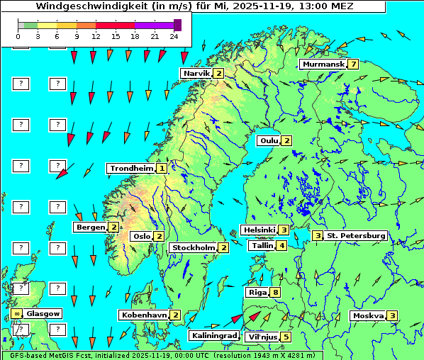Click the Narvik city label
point(196,73)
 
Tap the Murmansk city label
point(323,64)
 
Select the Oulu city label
point(268,140)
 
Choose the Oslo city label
point(141,236)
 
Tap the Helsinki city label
point(259,230)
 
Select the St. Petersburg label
point(355,235)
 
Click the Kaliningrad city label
point(213,335)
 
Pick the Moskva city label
point(368,315)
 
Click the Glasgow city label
point(43,313)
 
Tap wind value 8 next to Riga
point(275,292)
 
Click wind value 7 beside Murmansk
point(352,64)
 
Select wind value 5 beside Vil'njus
point(286,337)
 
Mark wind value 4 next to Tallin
point(281,245)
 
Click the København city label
point(144,314)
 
